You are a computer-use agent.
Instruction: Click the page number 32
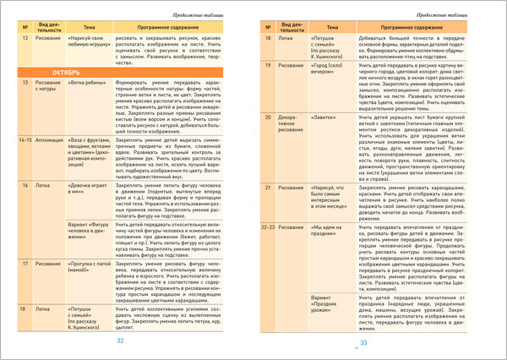pyautogui.click(x=120, y=341)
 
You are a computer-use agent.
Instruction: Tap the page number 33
pyautogui.click(x=364, y=342)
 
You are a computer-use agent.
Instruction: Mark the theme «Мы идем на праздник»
pyautogui.click(x=327, y=232)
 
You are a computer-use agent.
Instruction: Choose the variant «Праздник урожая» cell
pyautogui.click(x=327, y=303)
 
